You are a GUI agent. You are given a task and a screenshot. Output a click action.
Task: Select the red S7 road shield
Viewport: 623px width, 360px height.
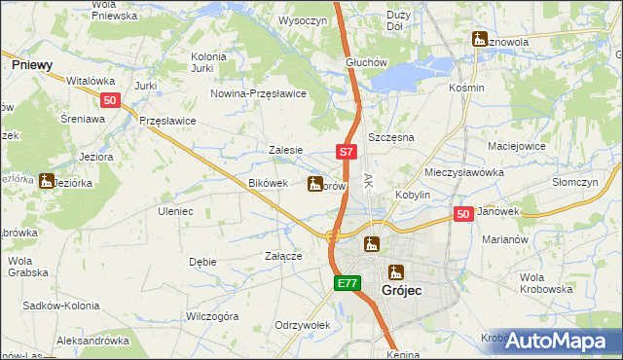point(348,152)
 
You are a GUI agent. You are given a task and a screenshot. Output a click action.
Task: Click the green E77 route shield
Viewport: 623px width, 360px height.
point(348,283)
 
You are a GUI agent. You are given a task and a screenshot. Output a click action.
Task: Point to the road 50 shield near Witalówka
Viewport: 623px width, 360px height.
point(110,99)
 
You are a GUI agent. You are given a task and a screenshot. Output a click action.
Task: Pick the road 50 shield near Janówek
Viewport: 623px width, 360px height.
point(463,214)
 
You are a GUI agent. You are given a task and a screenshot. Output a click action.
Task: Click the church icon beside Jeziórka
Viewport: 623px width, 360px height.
point(46,181)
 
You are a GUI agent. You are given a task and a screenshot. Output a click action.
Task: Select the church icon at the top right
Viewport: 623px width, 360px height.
point(479,39)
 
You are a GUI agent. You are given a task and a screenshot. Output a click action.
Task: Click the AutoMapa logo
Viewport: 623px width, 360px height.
point(558,340)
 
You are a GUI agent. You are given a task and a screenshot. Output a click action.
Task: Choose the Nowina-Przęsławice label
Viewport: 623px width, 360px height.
point(260,92)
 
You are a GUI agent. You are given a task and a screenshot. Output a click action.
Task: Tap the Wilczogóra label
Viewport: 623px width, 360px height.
point(212,316)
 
